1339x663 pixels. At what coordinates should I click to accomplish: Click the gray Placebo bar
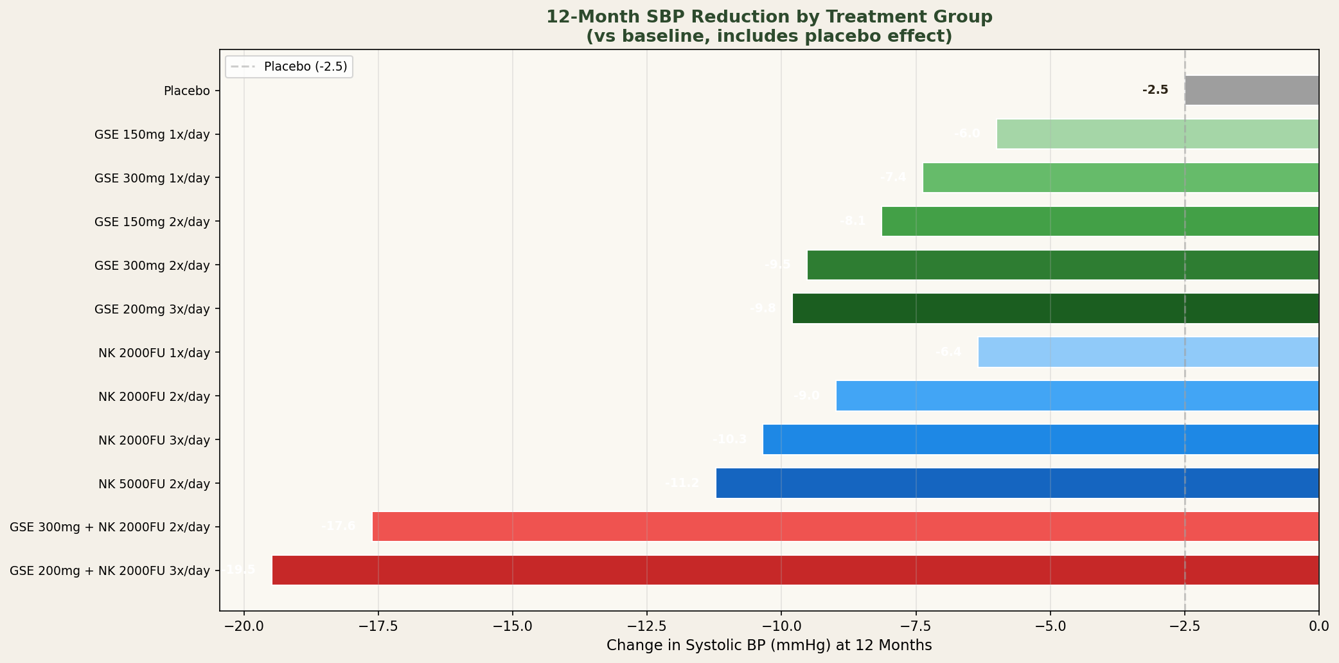[x=1252, y=91]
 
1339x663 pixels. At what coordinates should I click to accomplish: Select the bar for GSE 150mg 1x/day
[x=1157, y=134]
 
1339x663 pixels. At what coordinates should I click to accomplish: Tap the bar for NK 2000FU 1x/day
[x=1148, y=352]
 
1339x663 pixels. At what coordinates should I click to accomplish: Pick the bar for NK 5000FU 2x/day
[x=1017, y=483]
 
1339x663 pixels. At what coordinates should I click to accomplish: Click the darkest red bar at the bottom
[x=795, y=570]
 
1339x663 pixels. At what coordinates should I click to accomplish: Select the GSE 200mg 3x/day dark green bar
[x=1055, y=308]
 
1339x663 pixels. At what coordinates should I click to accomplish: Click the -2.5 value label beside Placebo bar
[x=1155, y=91]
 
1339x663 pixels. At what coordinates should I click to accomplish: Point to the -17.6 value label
[x=338, y=526]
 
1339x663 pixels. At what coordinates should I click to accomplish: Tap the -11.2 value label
[x=682, y=483]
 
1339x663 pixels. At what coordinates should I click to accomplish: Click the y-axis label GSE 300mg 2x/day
[x=152, y=265]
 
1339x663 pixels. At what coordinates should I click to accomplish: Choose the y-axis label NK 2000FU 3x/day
[x=154, y=440]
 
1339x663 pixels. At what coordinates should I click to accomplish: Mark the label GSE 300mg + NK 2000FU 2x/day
[x=110, y=527]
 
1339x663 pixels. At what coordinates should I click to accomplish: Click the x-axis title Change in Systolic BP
[x=768, y=645]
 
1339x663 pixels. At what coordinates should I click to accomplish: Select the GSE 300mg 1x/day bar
[x=1121, y=178]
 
